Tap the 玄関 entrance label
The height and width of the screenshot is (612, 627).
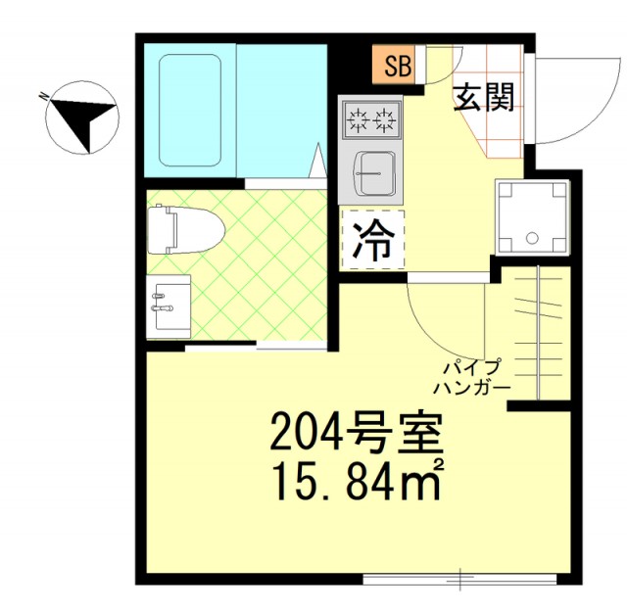(484, 98)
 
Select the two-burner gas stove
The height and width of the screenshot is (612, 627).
(371, 121)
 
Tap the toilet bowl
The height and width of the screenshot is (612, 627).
(186, 231)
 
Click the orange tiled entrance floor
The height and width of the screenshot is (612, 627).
(500, 137)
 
